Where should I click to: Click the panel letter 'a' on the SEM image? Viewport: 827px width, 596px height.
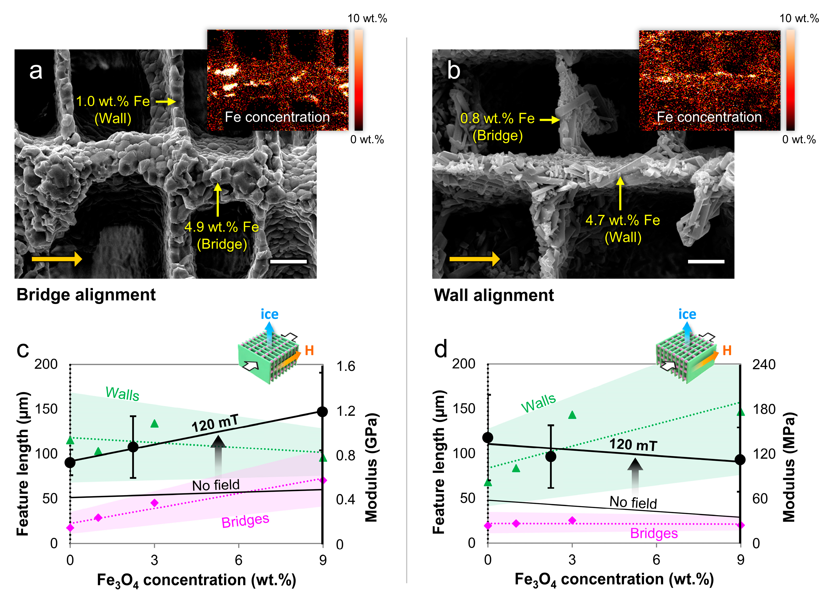(x=36, y=71)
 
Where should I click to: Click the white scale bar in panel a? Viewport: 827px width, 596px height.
(x=288, y=261)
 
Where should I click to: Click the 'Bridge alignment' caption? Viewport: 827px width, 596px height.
(x=86, y=295)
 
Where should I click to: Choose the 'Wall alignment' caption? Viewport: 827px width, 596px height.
(x=494, y=295)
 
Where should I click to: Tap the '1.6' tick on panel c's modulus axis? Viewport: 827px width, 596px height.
(x=345, y=366)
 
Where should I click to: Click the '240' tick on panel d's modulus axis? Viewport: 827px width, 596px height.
(x=764, y=364)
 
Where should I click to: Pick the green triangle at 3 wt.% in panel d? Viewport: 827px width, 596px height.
(x=572, y=415)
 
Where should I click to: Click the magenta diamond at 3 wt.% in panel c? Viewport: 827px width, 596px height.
(x=155, y=503)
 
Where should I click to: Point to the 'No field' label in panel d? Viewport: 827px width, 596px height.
(x=633, y=503)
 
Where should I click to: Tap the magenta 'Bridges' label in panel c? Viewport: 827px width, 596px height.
(x=245, y=521)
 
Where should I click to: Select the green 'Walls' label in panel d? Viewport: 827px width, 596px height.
(x=538, y=403)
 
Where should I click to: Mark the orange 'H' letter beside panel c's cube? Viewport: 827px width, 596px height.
(x=309, y=350)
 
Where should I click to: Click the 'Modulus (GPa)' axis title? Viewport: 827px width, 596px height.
(x=371, y=468)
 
